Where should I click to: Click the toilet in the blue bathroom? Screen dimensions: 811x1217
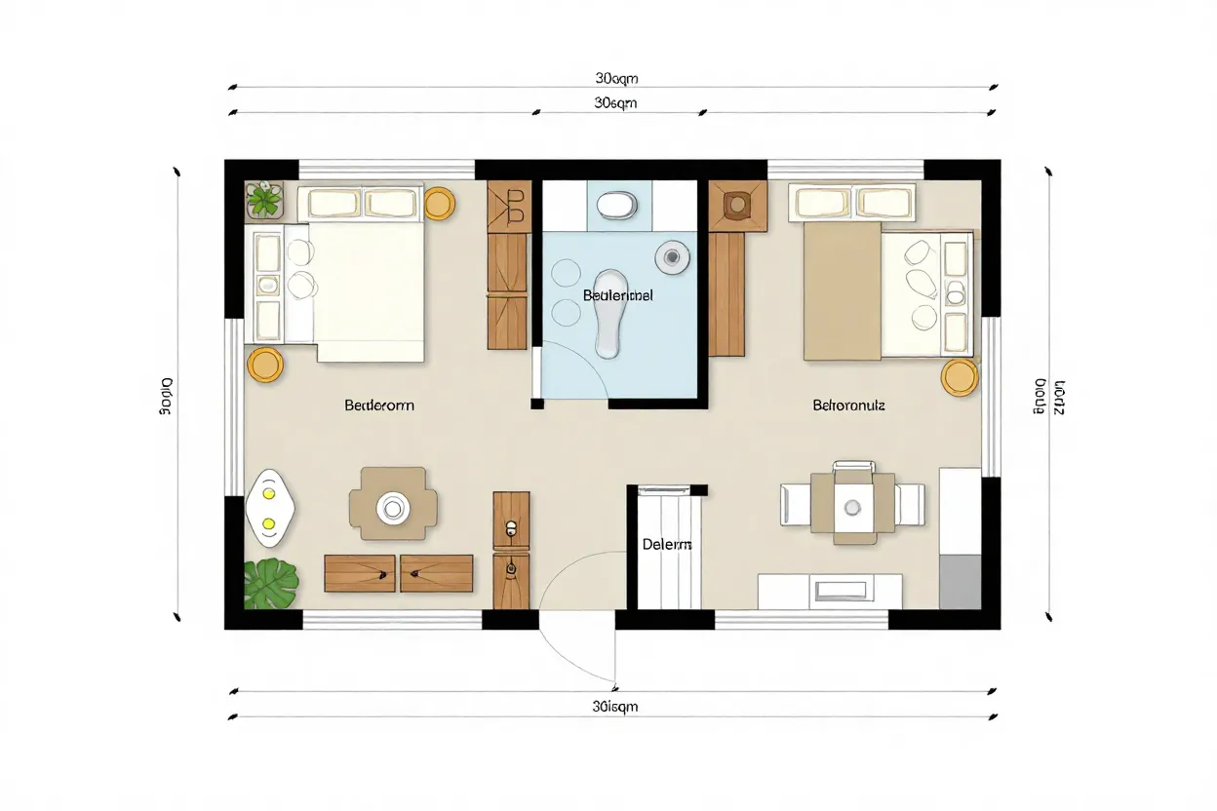[615, 205]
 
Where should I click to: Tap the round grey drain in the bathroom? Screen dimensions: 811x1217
[671, 257]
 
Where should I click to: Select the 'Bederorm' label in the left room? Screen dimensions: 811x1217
[379, 405]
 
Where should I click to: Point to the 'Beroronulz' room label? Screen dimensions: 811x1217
[848, 405]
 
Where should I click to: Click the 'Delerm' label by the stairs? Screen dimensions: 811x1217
[667, 545]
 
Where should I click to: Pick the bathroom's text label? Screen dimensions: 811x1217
[618, 294]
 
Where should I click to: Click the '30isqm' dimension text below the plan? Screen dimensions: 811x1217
[614, 707]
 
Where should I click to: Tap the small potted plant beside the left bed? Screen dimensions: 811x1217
[263, 200]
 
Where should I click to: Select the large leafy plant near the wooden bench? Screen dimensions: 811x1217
[271, 583]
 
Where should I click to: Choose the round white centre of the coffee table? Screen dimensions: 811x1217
[394, 506]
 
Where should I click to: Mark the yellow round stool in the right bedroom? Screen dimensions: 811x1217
[960, 377]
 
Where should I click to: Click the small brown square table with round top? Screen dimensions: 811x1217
[737, 205]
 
